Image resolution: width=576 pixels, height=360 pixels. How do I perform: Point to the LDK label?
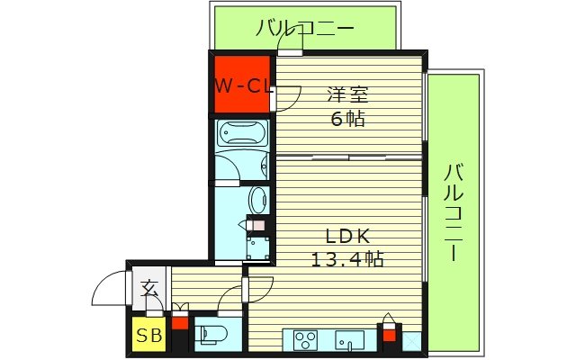[346, 237]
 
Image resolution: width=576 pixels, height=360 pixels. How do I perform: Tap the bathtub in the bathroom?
[241, 135]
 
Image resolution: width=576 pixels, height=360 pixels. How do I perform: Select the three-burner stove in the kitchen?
[305, 340]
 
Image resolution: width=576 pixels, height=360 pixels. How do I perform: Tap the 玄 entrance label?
[148, 289]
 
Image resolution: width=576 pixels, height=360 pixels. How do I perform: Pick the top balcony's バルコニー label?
[304, 28]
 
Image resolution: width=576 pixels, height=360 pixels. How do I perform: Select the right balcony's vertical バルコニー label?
[454, 211]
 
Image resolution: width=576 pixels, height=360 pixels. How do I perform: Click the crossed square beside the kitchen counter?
[411, 342]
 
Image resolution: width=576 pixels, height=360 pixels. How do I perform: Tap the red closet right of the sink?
[389, 337]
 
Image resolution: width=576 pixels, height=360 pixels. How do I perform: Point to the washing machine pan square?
[258, 246]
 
